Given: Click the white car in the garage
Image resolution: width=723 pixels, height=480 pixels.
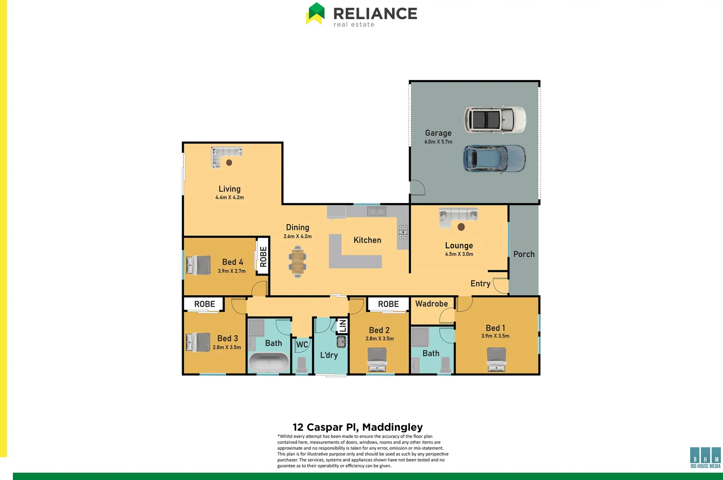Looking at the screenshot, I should click(x=495, y=120).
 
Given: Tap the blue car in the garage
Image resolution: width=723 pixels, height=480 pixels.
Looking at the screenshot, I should click(x=494, y=158).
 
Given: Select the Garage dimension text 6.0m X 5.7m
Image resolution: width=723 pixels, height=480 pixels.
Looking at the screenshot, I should click(x=438, y=142).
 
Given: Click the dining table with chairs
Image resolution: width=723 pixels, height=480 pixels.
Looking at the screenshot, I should click(x=297, y=262).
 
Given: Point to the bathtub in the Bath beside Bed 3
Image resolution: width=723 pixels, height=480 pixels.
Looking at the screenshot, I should click(x=268, y=362).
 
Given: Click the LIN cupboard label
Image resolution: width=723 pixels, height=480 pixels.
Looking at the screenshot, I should click(x=342, y=326).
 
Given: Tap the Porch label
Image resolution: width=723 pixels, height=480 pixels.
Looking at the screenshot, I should click(x=524, y=254).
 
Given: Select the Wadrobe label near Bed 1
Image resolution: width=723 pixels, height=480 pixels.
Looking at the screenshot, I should click(x=431, y=304).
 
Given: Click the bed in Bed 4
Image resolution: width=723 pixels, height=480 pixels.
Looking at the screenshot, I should click(x=199, y=265).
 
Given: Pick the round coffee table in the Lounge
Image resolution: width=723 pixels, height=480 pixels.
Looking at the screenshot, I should click(x=461, y=227).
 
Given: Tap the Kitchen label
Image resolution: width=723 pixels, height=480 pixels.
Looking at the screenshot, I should click(x=367, y=240).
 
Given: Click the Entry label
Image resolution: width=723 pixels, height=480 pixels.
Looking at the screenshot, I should click(x=480, y=284).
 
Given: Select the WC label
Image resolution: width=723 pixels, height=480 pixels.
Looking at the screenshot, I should click(x=302, y=344).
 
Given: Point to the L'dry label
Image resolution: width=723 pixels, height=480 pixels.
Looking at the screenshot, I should click(x=329, y=355).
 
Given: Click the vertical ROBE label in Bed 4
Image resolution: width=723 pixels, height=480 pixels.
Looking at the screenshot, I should click(x=263, y=256).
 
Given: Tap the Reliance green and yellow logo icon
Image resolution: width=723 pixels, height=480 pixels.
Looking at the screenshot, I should click(x=316, y=13).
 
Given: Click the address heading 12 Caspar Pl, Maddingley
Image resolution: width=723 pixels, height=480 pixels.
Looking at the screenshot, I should click(x=358, y=427).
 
